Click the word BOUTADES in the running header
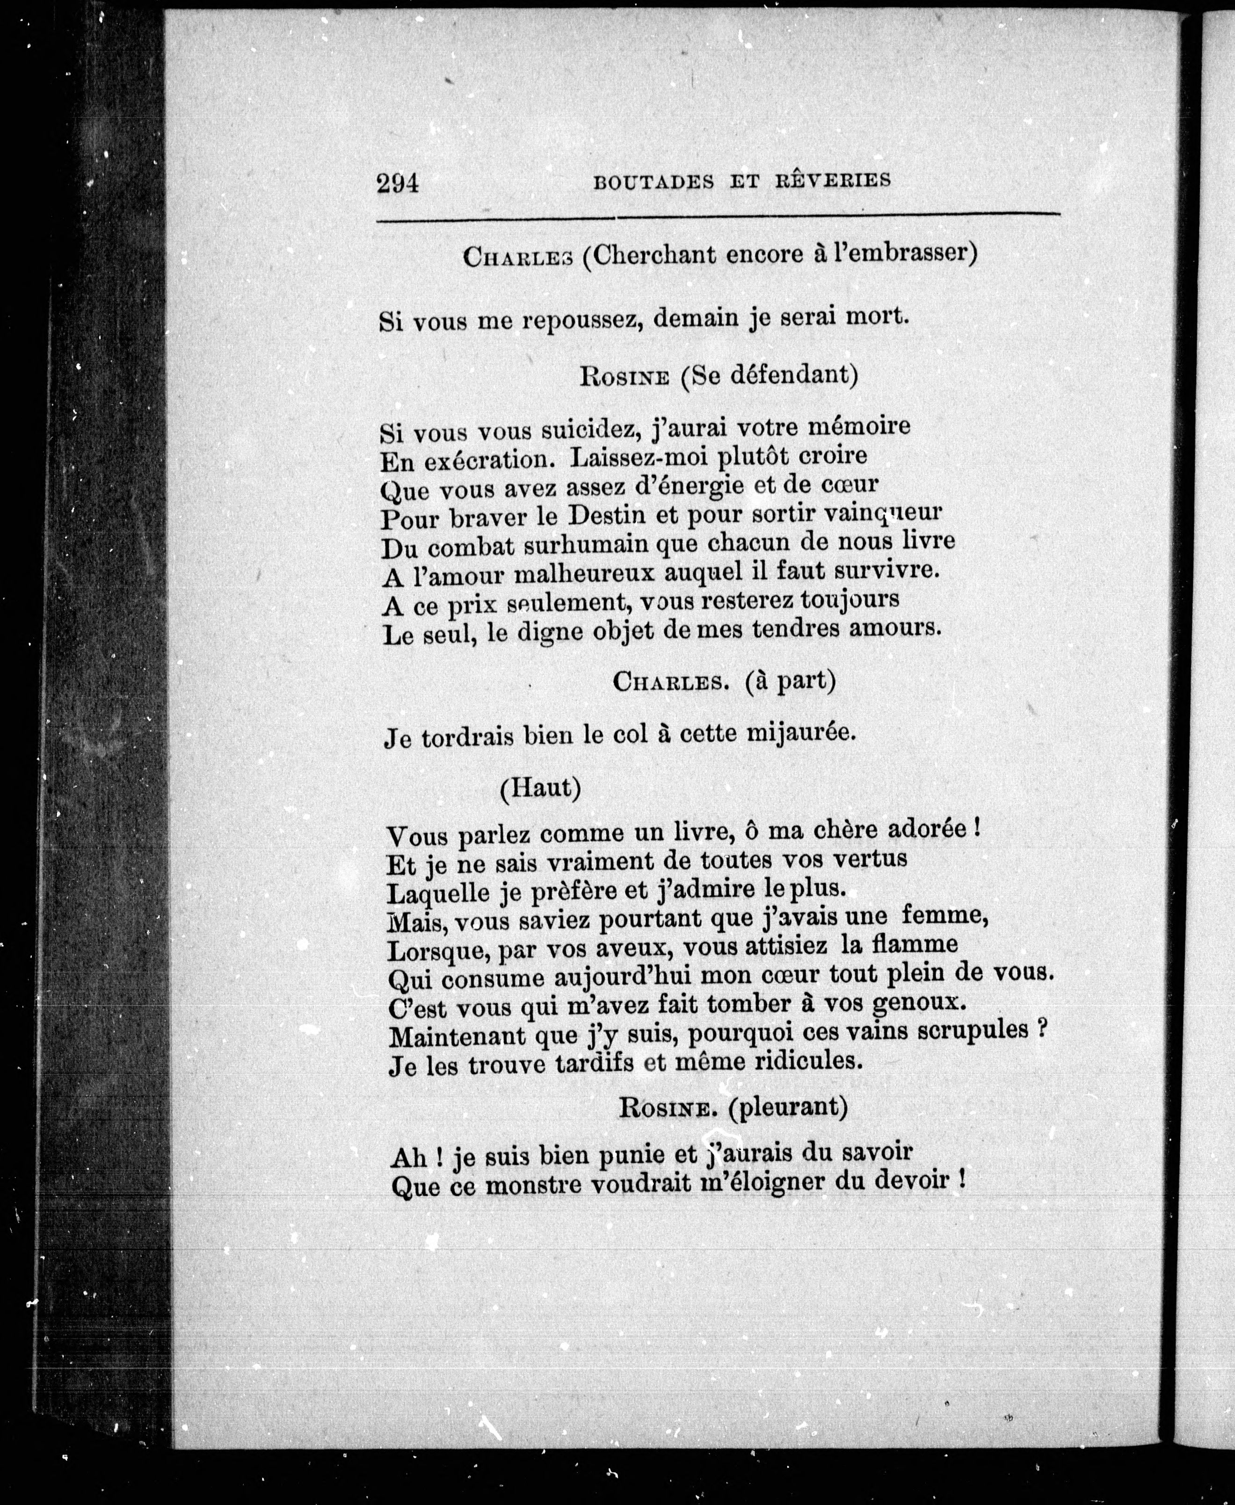click(x=653, y=182)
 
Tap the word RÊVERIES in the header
click(x=832, y=180)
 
